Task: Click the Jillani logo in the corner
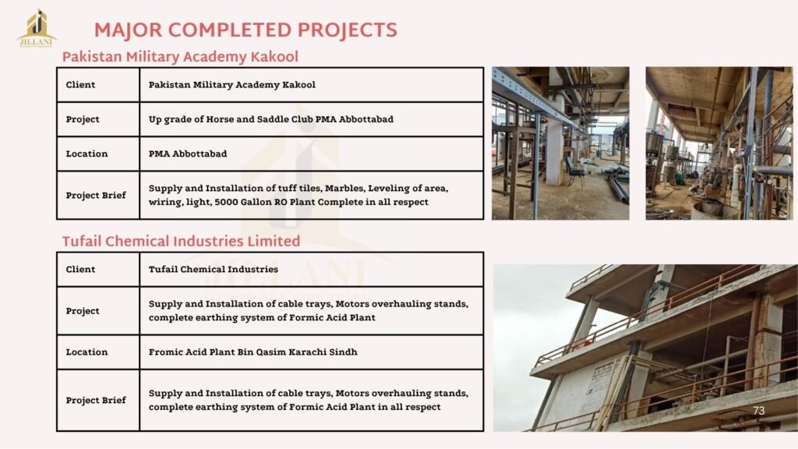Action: tap(37, 29)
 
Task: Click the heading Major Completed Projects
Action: tap(245, 30)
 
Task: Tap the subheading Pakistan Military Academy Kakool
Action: tap(180, 57)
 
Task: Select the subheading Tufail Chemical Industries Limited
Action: tap(181, 242)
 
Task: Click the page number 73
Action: tap(758, 411)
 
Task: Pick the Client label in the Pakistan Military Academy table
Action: tap(80, 85)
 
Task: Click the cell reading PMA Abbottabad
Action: tap(188, 154)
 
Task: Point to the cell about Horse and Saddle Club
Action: tap(270, 119)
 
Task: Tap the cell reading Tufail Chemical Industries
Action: tap(214, 269)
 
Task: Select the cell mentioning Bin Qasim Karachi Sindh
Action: tap(253, 352)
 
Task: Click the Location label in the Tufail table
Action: tap(87, 352)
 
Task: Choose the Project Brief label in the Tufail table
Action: tap(96, 400)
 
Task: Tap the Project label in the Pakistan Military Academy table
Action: tap(83, 119)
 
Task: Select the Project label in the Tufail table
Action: tap(83, 311)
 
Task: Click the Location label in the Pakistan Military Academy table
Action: tap(87, 154)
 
